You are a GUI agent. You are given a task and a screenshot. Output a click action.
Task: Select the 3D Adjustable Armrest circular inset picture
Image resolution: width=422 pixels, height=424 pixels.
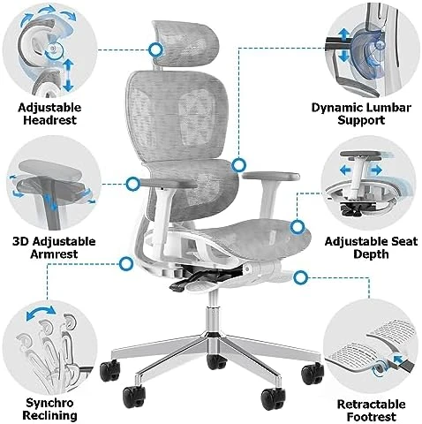click(x=49, y=183)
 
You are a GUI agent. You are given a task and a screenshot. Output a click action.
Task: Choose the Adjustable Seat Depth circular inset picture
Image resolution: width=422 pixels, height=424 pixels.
click(x=373, y=184)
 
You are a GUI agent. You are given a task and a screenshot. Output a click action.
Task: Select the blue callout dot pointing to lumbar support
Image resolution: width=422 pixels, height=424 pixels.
click(x=238, y=163)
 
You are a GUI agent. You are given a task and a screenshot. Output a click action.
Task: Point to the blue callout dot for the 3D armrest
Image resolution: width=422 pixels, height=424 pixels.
click(x=132, y=185)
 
